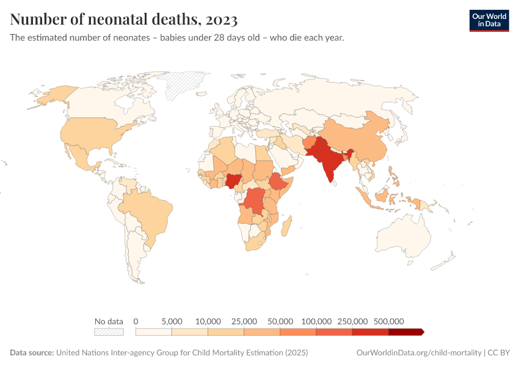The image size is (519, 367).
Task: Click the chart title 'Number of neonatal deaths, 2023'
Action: click(x=124, y=20)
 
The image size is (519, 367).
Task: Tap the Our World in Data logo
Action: click(x=488, y=20)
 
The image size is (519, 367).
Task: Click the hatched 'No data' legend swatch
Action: click(x=109, y=332)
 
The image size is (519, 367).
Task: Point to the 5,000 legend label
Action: click(x=172, y=321)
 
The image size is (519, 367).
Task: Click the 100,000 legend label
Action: click(x=316, y=321)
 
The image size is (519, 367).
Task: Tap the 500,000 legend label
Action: click(x=388, y=321)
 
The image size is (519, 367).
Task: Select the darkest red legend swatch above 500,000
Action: click(x=406, y=332)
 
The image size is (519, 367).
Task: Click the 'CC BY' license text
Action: click(x=499, y=353)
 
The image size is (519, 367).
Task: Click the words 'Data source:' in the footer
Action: click(x=32, y=353)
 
